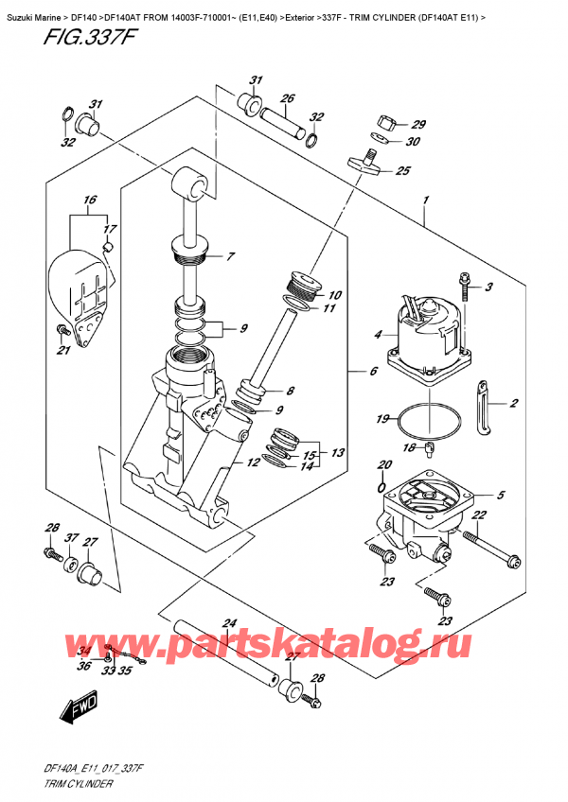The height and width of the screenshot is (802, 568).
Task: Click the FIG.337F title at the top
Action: point(90,37)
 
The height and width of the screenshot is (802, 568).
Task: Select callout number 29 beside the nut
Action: point(418,124)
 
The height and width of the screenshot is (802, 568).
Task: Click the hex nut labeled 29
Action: point(385,122)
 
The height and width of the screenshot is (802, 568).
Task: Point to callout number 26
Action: point(288,97)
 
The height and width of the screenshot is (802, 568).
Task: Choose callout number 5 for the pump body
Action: point(501,495)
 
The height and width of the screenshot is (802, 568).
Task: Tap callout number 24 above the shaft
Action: point(229,623)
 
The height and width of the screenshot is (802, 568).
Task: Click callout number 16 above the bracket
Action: point(90,200)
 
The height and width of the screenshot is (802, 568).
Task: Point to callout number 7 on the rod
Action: point(230,256)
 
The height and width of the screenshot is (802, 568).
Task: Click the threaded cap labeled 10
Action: point(302,285)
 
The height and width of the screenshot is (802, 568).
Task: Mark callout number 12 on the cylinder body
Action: point(253,462)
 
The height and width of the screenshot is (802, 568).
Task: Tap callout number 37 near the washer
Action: point(71,537)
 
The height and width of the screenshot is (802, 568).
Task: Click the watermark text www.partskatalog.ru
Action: point(267,644)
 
